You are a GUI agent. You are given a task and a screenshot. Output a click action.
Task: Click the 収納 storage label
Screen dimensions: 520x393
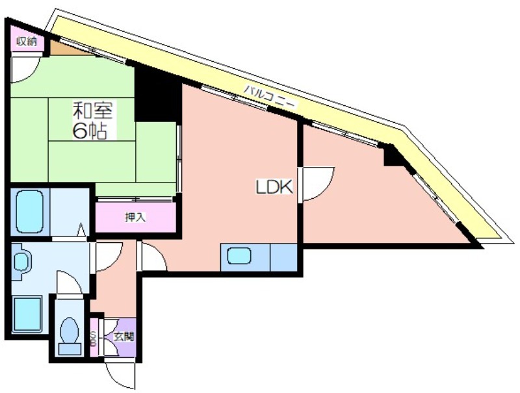(27, 42)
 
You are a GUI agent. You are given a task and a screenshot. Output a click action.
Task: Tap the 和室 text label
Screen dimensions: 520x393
(93, 110)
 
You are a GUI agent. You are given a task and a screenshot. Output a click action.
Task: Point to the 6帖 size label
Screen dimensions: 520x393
(90, 131)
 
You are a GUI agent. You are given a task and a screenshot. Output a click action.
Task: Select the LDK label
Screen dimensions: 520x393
(274, 187)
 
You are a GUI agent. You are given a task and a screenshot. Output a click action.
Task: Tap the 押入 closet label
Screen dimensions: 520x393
(135, 218)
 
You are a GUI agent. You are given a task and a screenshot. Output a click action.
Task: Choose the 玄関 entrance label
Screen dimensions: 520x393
(123, 336)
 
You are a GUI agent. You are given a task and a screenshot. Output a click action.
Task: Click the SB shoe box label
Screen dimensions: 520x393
(94, 338)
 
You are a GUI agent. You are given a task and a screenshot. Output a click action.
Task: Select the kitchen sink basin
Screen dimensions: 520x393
(239, 256)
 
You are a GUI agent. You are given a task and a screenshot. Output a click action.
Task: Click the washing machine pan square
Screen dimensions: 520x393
(27, 314)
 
